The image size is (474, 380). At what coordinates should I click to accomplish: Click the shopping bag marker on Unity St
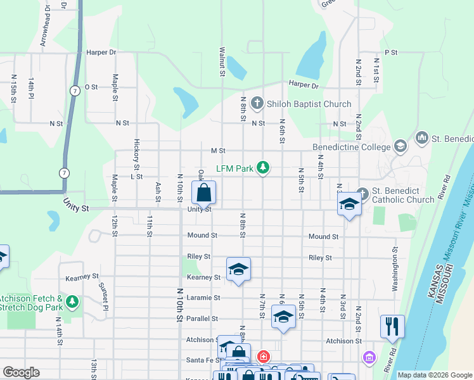204,193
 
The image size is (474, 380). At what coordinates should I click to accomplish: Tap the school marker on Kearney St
238,270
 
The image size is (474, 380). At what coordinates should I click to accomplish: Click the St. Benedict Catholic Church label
404,195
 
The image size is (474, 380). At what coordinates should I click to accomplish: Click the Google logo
21,372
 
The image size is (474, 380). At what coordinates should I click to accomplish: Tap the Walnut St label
222,61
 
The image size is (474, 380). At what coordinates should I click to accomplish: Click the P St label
390,53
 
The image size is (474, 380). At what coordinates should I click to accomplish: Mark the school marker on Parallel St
283,317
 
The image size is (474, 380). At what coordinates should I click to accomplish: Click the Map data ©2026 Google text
435,375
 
